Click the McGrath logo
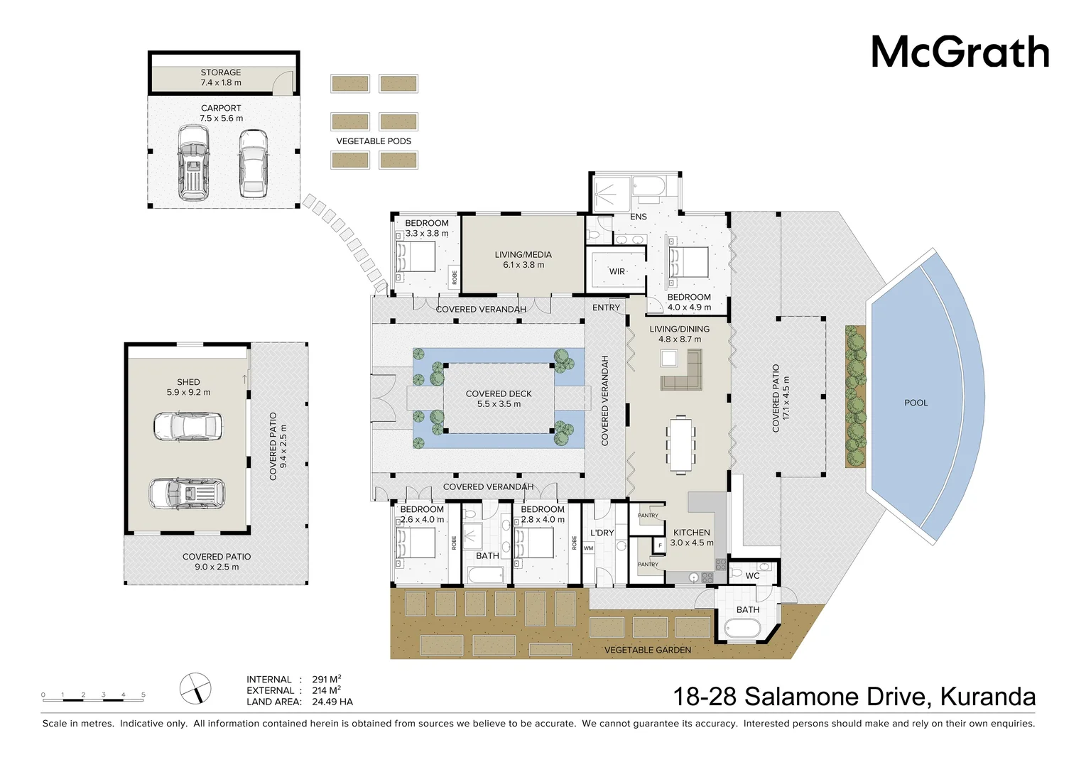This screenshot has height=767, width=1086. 960,52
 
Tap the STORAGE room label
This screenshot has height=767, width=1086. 221,72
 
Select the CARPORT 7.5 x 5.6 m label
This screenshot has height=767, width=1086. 221,113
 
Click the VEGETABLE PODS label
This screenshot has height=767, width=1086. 374,141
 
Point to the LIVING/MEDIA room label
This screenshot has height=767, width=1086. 523,254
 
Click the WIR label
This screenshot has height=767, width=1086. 617,271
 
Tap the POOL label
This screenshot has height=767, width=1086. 916,403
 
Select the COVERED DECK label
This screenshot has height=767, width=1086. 499,393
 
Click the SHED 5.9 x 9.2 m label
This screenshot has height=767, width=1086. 188,387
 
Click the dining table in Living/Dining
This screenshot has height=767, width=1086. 680,444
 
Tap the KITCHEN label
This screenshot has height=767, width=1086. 691,533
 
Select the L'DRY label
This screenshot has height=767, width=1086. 602,533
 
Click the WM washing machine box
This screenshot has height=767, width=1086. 588,548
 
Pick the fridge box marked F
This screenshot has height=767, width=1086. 659,545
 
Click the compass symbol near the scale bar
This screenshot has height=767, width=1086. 195,688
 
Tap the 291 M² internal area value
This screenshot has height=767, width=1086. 326,679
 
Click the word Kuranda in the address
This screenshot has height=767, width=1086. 987,697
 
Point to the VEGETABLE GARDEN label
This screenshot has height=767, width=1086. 647,650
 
